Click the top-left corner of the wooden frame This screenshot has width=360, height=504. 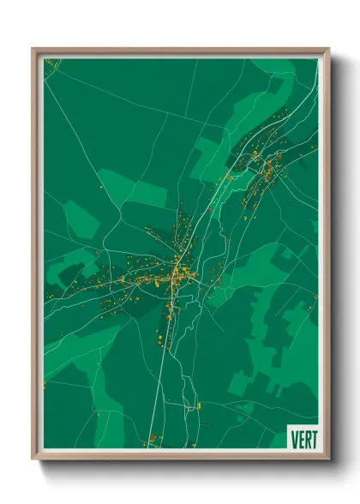point(33,49)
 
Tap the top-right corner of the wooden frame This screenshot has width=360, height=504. point(328,49)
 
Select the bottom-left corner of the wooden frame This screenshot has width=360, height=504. point(33,459)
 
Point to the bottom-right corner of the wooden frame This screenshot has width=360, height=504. point(328,459)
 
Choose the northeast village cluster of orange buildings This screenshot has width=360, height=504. point(261,167)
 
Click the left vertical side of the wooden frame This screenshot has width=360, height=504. point(35,257)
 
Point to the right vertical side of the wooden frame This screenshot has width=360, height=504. point(326,257)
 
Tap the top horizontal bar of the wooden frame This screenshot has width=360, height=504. point(180,51)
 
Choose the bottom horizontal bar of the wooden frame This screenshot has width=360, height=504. point(180,456)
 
